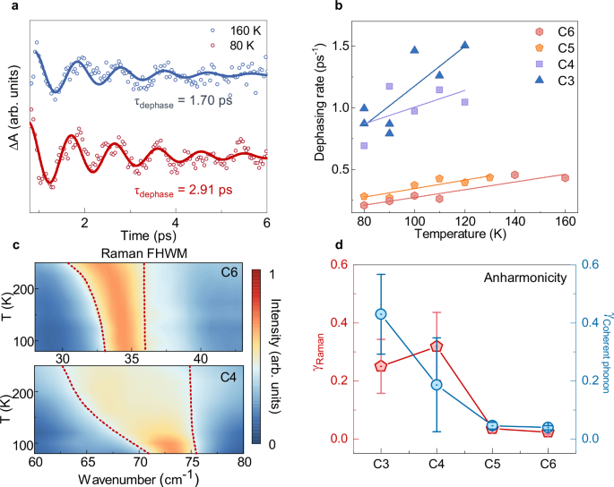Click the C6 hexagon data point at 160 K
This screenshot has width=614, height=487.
pyautogui.click(x=565, y=177)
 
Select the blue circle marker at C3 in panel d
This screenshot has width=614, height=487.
pyautogui.click(x=381, y=314)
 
